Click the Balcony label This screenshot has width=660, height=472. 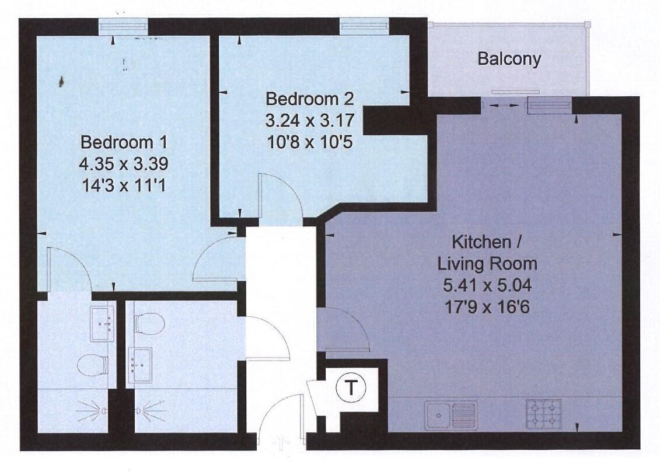click(x=509, y=59)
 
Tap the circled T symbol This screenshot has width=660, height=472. click(x=350, y=388)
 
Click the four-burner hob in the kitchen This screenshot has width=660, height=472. click(x=544, y=415)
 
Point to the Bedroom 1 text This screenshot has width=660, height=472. click(x=124, y=142)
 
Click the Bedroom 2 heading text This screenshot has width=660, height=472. click(x=309, y=98)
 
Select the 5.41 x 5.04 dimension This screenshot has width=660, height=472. click(x=487, y=286)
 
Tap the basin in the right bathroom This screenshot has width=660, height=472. click(x=139, y=365)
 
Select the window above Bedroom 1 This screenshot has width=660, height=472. click(x=122, y=27)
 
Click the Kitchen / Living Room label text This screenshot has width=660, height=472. click(x=487, y=252)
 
